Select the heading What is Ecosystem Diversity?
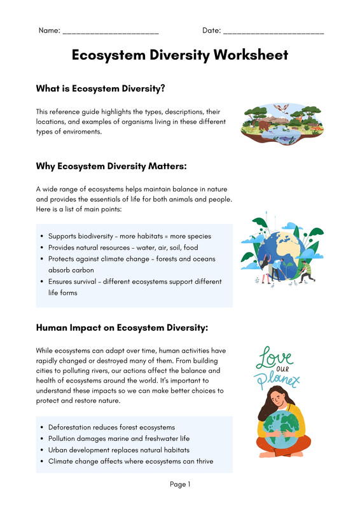100,88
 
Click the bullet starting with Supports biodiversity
129,236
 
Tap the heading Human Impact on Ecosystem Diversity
122,328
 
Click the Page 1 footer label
180,485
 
